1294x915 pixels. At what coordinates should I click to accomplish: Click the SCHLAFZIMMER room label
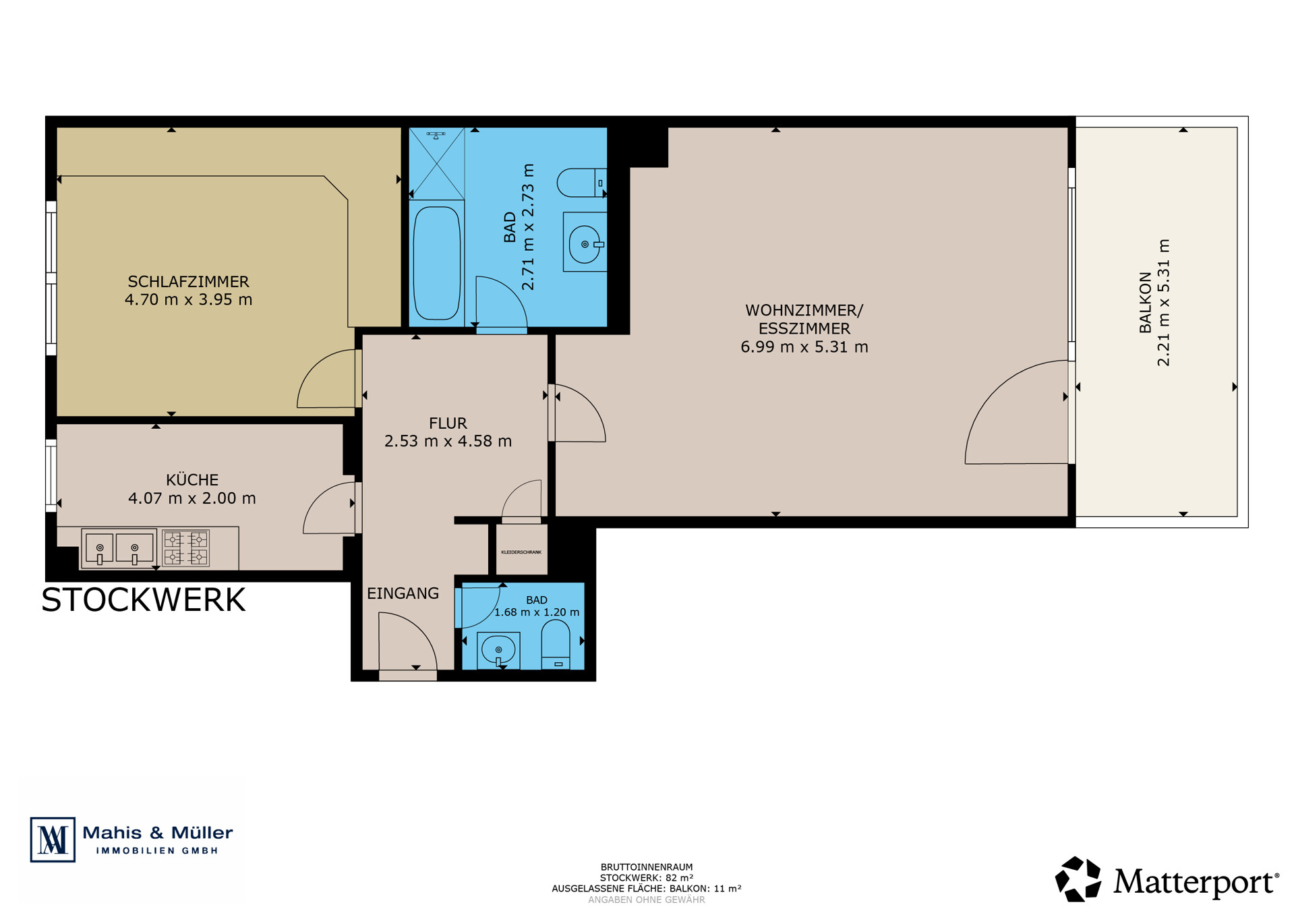188,281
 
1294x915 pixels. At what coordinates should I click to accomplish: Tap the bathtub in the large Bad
437,263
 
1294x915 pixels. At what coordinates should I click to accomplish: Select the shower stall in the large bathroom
437,163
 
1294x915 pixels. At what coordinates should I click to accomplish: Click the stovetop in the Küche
186,548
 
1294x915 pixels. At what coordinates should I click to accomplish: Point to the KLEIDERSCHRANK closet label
521,552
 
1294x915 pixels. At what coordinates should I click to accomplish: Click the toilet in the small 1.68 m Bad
556,645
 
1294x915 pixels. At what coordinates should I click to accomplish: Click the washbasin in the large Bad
585,243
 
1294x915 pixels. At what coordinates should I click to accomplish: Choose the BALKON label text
1145,302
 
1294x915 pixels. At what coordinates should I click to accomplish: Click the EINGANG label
403,593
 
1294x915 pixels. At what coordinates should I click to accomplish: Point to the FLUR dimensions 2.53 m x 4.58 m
448,441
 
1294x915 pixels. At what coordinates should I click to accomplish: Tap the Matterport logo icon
1078,879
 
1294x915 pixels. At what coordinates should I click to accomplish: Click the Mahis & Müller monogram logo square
53,839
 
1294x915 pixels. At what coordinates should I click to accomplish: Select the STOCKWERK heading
144,599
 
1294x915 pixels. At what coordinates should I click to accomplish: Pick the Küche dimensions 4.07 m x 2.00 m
192,498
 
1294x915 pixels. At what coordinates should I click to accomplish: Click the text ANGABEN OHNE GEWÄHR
647,899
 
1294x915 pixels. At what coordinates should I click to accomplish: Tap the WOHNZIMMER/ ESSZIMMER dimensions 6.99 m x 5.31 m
804,347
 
